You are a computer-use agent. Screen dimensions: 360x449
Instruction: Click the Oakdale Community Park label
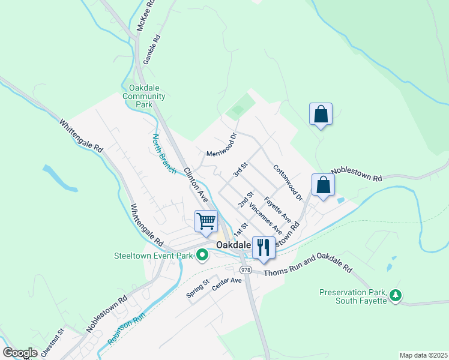tap(143, 96)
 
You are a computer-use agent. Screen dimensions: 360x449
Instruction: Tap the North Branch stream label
tap(163, 154)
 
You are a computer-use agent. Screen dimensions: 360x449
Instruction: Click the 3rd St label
tap(241, 169)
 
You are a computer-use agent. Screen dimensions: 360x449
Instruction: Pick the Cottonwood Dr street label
tap(286, 182)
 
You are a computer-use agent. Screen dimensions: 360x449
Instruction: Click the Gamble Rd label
tap(151, 49)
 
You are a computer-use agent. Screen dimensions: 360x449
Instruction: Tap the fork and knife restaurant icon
tap(264, 247)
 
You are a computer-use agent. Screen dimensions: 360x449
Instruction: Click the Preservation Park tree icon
tap(395, 295)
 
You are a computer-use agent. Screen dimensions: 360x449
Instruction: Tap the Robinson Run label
tap(127, 330)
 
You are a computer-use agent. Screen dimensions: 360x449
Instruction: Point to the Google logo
tap(20, 353)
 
